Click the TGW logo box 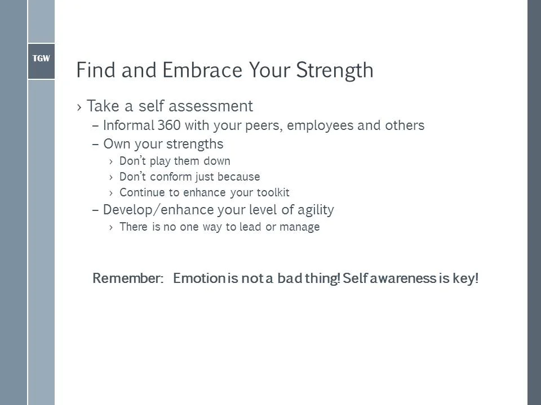click(41, 58)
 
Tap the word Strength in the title click(334, 70)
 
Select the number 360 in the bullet click(169, 125)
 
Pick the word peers click(263, 125)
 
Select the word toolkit click(273, 193)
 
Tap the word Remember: click(128, 278)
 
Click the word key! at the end click(465, 278)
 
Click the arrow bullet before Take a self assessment click(80, 107)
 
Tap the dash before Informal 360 click(95, 126)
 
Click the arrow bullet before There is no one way click(111, 228)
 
